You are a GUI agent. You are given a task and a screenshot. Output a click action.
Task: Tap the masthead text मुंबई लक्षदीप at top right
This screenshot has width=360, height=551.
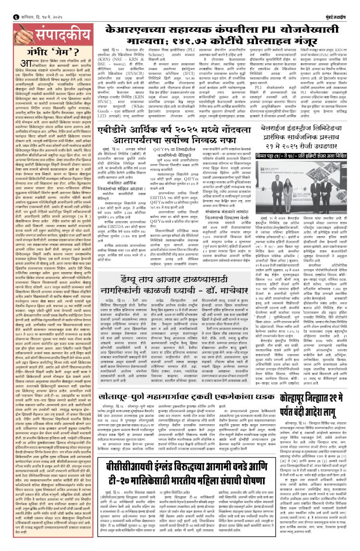coord(341,5)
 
